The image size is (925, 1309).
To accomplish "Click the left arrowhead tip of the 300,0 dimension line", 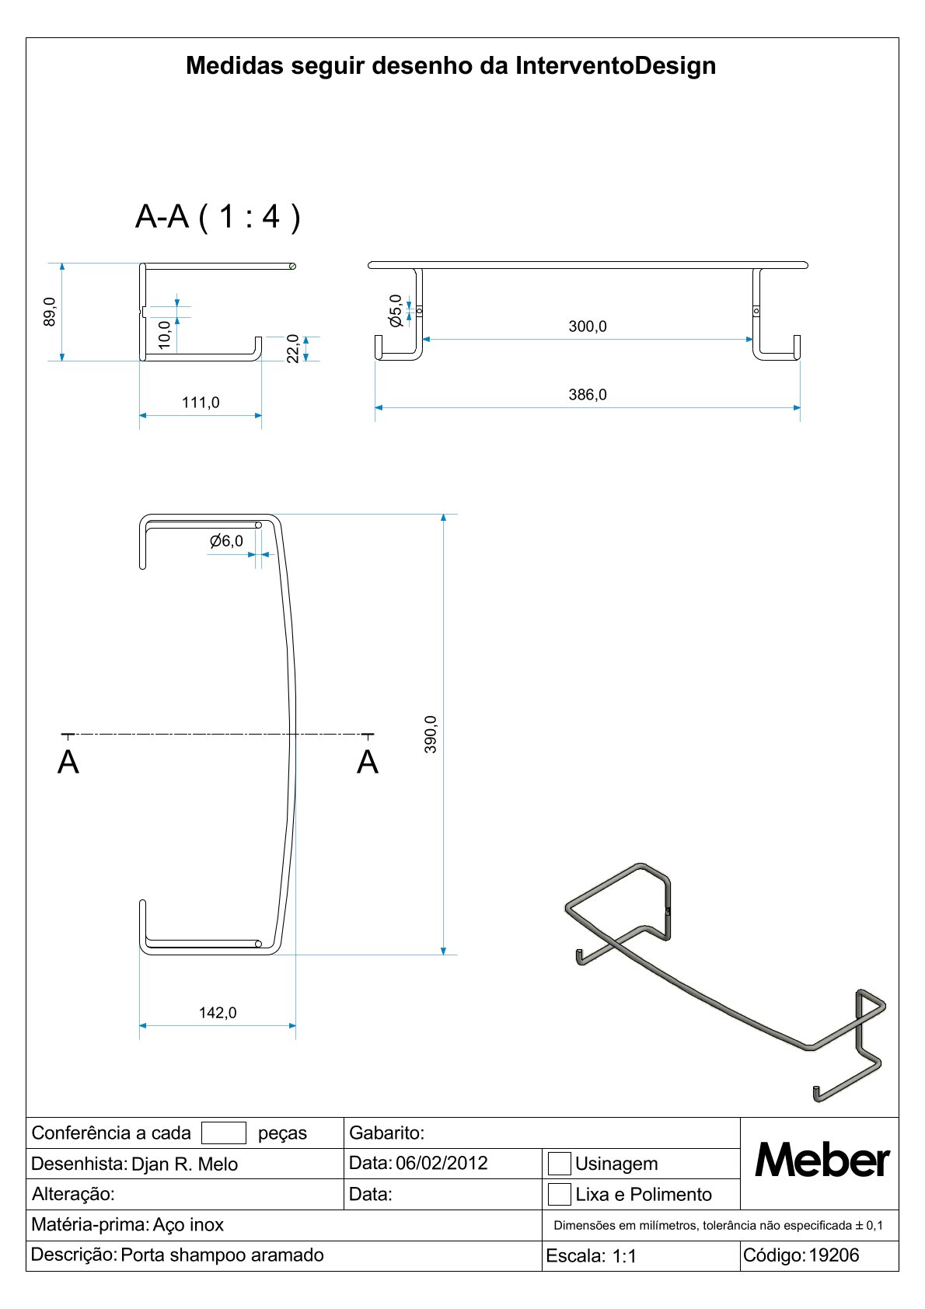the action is click(423, 339).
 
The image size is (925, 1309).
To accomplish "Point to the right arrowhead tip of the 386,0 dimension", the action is click(800, 408).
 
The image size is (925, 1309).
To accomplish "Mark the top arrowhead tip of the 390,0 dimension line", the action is click(444, 515).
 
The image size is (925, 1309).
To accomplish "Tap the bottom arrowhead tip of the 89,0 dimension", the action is click(62, 361).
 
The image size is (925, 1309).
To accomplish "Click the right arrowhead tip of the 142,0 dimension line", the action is click(295, 1025).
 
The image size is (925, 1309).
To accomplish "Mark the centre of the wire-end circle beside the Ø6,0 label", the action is click(258, 525).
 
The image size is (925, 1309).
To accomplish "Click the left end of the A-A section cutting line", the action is click(61, 734).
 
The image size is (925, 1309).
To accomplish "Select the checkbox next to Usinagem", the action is click(559, 1164).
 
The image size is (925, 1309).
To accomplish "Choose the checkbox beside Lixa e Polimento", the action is click(559, 1194).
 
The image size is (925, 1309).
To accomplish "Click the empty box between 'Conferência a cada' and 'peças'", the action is click(224, 1133).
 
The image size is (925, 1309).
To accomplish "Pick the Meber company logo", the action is click(822, 1160).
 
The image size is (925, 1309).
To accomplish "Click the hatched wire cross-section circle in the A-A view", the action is click(293, 267).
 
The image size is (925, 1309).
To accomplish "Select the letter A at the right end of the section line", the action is click(368, 762).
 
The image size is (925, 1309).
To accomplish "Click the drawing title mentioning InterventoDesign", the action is click(451, 65).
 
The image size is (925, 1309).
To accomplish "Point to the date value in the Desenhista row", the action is click(442, 1163).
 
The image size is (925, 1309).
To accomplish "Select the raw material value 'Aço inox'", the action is click(188, 1224).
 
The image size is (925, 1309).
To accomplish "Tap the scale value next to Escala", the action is click(624, 1256).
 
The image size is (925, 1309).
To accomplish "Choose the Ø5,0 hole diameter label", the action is click(396, 310).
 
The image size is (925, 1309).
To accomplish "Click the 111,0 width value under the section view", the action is click(201, 403).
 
